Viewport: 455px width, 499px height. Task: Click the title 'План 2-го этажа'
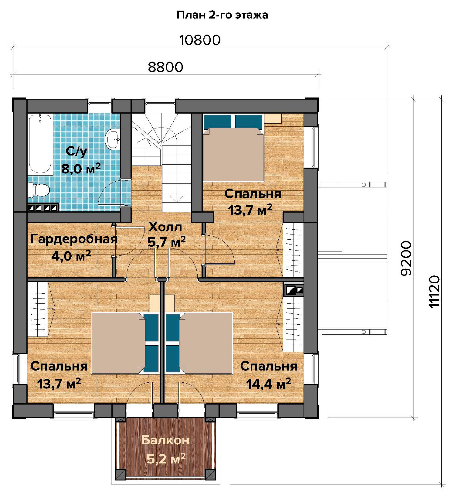click(x=222, y=15)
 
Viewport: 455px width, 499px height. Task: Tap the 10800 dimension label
click(x=200, y=40)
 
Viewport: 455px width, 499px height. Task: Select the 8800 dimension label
click(x=165, y=67)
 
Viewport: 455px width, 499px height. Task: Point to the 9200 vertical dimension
click(x=406, y=258)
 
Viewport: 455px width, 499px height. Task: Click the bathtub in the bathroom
click(x=40, y=144)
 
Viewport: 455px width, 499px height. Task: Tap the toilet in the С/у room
click(x=39, y=190)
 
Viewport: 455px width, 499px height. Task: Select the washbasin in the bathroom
click(x=113, y=139)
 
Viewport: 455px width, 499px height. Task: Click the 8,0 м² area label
click(x=81, y=169)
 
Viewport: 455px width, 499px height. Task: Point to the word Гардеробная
click(x=74, y=239)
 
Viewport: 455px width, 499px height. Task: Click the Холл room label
click(x=165, y=227)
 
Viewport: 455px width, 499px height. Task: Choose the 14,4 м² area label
click(x=269, y=384)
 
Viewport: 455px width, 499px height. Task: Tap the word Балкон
click(x=165, y=440)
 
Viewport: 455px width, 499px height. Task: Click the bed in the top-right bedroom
click(x=233, y=148)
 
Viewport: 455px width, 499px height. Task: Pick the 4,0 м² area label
click(x=71, y=256)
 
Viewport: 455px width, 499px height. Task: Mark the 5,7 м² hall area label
click(x=167, y=242)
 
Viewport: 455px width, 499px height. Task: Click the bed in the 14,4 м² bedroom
click(x=199, y=343)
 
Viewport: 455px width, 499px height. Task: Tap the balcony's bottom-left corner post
click(x=121, y=475)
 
